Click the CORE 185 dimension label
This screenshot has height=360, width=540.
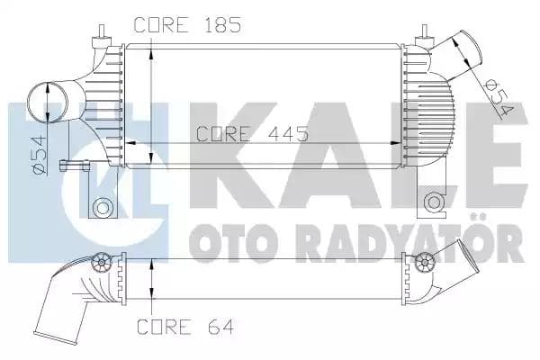pos(187,25)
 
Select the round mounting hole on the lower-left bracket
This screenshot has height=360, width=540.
pos(102,209)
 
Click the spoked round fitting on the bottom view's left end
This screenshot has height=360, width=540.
pos(101,264)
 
